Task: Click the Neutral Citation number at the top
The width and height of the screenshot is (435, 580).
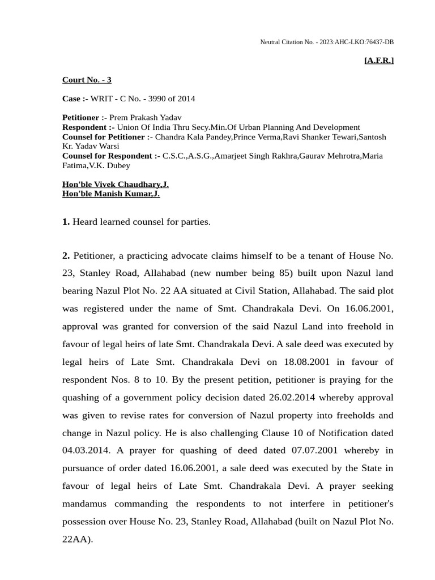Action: [327, 42]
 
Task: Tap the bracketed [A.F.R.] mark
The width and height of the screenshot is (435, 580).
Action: [378, 60]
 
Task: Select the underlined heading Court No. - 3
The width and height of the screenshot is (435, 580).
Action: [87, 80]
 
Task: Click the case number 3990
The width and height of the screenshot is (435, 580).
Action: [160, 99]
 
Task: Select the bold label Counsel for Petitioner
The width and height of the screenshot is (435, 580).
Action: [107, 137]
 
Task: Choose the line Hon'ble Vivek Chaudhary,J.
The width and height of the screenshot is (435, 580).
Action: [116, 184]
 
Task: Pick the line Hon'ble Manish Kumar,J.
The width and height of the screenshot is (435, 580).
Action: [111, 194]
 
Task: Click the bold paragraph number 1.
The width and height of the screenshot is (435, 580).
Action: [66, 222]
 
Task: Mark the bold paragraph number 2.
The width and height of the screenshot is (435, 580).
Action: [66, 256]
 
